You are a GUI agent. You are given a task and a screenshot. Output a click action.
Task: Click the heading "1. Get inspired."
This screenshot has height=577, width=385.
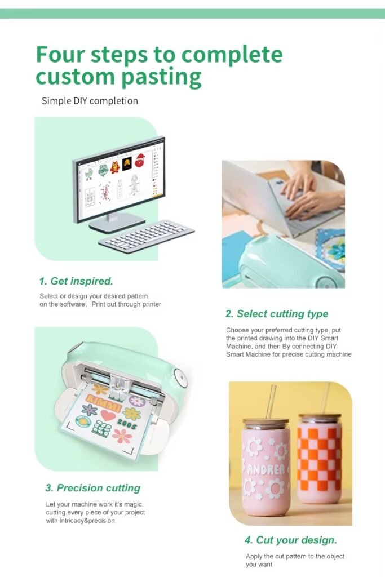tap(76, 281)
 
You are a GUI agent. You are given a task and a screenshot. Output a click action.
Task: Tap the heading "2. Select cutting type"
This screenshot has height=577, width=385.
tap(277, 314)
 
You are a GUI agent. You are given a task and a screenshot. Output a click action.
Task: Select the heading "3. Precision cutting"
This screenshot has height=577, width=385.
tap(93, 488)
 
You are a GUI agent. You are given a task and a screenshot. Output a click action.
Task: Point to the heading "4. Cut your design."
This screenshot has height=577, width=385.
tap(291, 540)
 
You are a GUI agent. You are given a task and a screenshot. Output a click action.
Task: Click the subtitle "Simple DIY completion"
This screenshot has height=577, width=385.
tap(90, 101)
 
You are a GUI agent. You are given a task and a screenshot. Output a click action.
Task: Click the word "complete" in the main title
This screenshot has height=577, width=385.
tap(232, 55)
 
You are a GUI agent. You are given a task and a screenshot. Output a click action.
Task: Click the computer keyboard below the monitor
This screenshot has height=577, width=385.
tap(146, 236)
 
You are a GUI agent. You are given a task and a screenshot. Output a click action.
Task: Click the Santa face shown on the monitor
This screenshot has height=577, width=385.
tap(140, 161)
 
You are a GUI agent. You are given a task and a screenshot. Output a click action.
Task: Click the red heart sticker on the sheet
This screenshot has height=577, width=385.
tap(108, 415)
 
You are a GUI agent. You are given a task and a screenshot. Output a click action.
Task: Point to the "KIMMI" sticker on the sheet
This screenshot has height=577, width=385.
tap(103, 402)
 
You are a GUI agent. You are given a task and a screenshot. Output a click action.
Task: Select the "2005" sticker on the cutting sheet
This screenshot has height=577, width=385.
tap(127, 425)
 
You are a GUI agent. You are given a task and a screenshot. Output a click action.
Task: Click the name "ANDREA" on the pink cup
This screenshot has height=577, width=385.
tap(265, 469)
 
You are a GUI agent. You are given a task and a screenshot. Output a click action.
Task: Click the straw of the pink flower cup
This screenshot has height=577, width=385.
tap(272, 402)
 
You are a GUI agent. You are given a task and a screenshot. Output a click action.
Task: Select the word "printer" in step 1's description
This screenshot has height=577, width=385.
tap(152, 304)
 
